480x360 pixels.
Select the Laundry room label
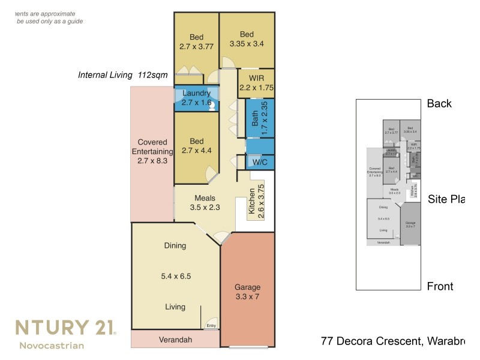click(x=196, y=98)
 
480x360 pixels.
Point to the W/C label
click(x=260, y=163)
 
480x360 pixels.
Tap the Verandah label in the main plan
click(x=175, y=340)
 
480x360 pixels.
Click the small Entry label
click(x=211, y=326)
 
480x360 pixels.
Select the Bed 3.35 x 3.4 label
click(x=247, y=38)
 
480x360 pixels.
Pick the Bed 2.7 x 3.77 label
click(x=196, y=41)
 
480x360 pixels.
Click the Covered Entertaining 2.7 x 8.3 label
click(x=152, y=151)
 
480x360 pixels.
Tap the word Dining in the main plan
click(x=175, y=245)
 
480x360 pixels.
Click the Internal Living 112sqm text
click(x=123, y=75)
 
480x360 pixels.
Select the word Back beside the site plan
click(x=439, y=104)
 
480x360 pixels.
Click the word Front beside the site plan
click(x=440, y=286)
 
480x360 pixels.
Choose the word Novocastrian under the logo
click(x=52, y=346)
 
